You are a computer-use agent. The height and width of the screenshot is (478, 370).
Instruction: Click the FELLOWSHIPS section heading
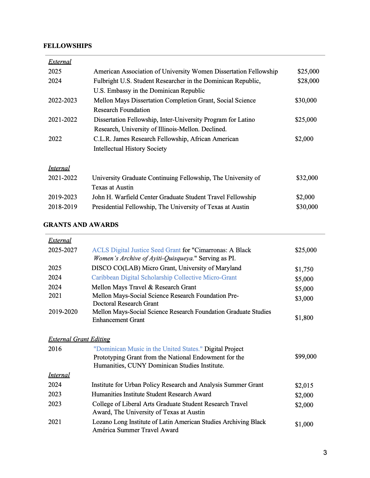pyautogui.click(x=68, y=46)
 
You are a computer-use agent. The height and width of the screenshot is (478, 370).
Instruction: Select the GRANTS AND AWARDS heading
pyautogui.click(x=81, y=225)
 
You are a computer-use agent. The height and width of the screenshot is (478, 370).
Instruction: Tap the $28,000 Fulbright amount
pyautogui.click(x=308, y=81)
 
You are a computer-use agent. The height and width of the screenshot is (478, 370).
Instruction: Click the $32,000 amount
pyautogui.click(x=307, y=178)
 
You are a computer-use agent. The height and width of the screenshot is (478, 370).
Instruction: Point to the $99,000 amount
pyautogui.click(x=306, y=357)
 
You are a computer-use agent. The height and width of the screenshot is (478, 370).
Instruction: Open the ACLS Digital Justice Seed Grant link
pyautogui.click(x=136, y=250)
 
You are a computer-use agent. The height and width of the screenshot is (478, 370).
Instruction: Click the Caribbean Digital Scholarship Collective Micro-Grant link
pyautogui.click(x=164, y=277)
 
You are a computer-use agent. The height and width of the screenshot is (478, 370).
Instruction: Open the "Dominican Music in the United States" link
pyautogui.click(x=148, y=349)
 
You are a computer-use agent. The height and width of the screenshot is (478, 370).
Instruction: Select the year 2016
pyautogui.click(x=55, y=349)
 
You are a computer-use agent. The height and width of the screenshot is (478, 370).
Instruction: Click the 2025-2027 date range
pyautogui.click(x=63, y=250)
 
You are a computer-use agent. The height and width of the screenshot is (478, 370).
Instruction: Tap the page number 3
pyautogui.click(x=325, y=453)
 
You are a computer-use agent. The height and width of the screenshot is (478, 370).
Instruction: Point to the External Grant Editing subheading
pyautogui.click(x=79, y=339)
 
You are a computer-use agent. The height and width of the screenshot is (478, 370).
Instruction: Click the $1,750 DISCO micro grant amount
pyautogui.click(x=304, y=269)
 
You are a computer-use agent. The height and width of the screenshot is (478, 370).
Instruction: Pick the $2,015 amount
pyautogui.click(x=304, y=386)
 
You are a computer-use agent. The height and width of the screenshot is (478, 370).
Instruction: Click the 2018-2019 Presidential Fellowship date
pyautogui.click(x=63, y=207)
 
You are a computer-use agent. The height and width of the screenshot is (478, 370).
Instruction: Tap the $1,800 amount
pyautogui.click(x=304, y=318)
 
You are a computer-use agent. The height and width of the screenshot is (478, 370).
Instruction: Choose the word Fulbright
pyautogui.click(x=106, y=81)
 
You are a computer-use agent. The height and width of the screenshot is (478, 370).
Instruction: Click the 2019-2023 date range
pyautogui.click(x=63, y=197)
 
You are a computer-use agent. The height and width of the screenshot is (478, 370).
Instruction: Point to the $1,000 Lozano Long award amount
pyautogui.click(x=304, y=424)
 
